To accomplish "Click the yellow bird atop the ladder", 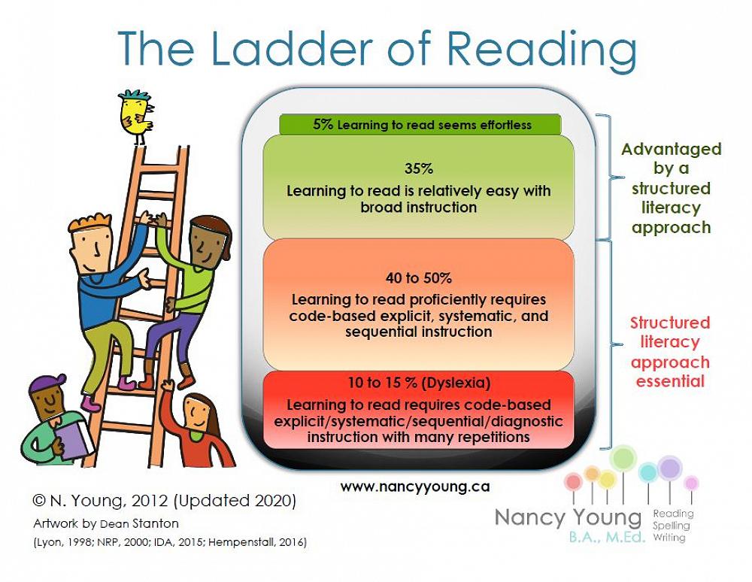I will tap(136, 116).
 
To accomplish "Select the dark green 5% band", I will tap(420, 125).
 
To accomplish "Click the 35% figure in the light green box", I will tap(418, 169).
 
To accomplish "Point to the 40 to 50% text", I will tap(418, 278).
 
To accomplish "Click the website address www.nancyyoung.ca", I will tap(414, 487).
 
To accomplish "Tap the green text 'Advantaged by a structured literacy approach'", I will tap(671, 188).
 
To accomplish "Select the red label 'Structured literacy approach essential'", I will tap(670, 352).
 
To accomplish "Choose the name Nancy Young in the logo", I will tap(568, 518).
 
